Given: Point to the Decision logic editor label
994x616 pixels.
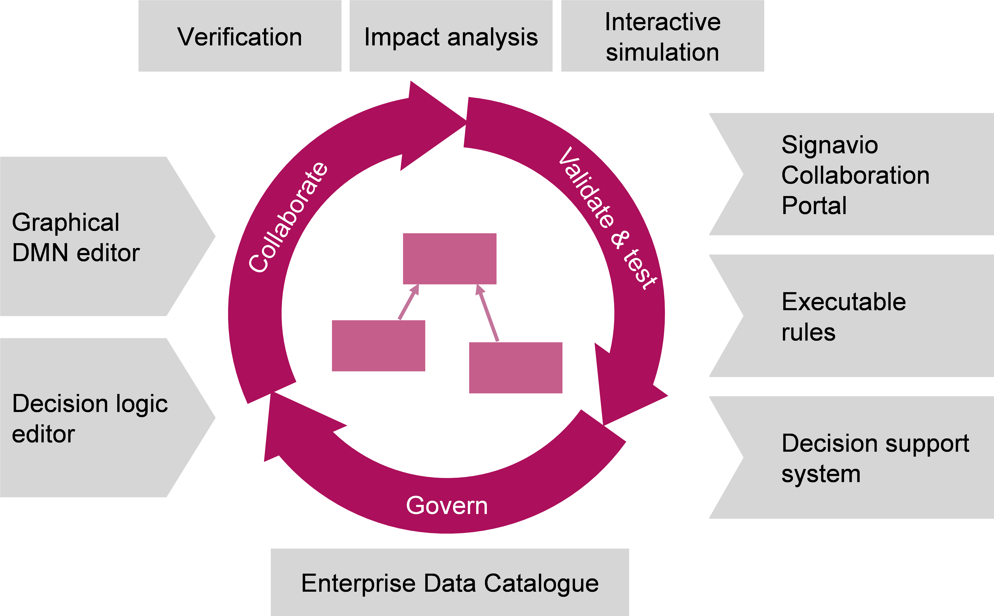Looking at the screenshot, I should tap(90, 418).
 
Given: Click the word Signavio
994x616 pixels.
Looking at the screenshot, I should tap(829, 145).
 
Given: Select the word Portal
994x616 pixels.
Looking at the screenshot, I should tap(814, 205).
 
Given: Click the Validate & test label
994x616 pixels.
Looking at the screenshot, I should tap(607, 218).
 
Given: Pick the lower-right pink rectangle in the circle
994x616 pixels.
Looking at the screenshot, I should tap(516, 368).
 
